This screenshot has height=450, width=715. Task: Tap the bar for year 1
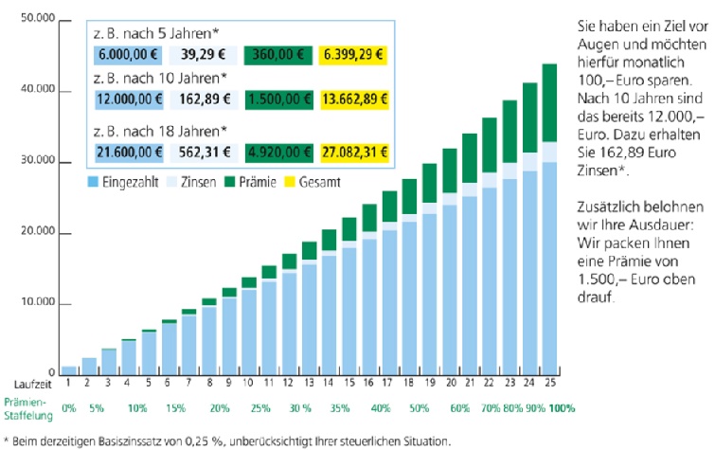click(x=68, y=369)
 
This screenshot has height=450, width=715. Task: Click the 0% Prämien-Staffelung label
click(x=68, y=408)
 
